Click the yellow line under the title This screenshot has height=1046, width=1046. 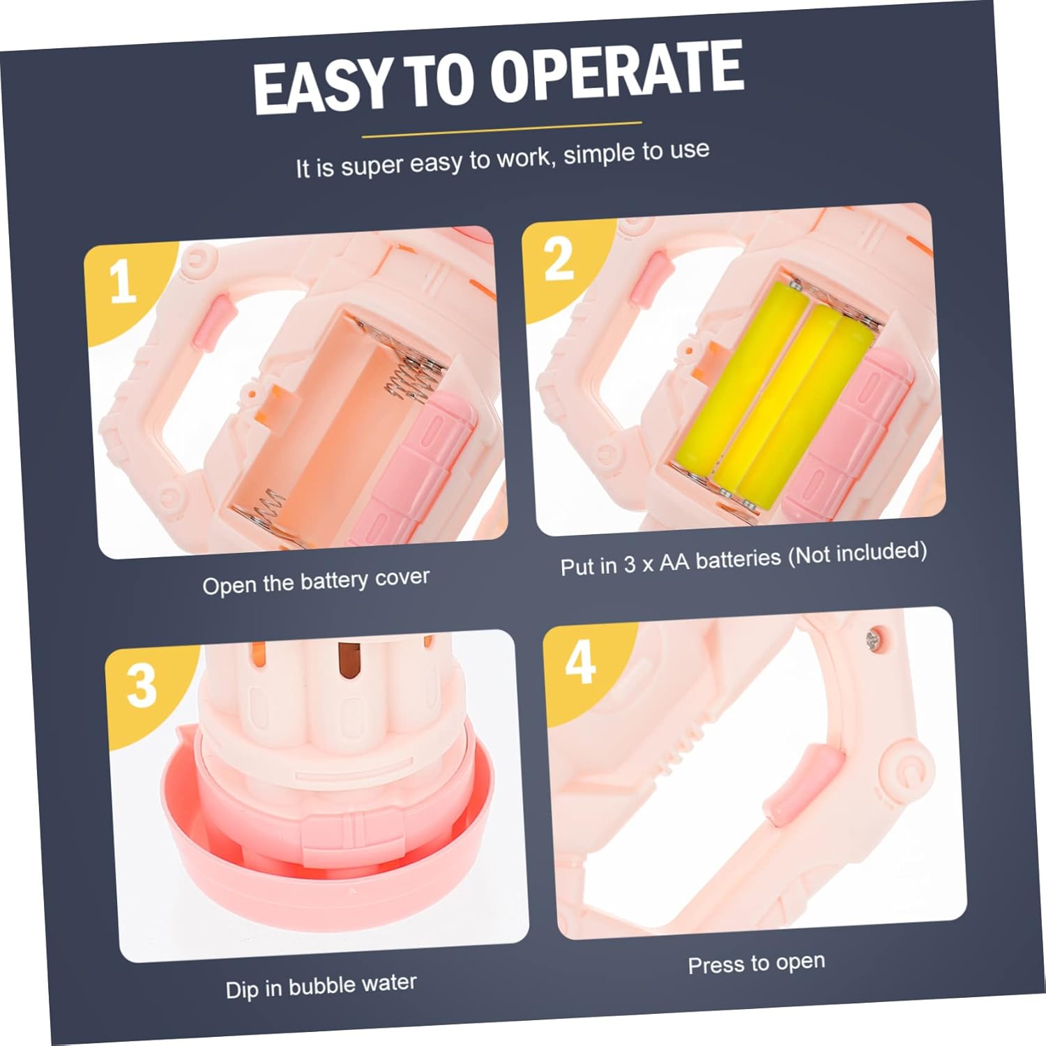[x=501, y=129]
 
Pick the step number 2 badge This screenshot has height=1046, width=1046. [x=559, y=259]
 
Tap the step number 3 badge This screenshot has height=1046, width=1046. [x=142, y=685]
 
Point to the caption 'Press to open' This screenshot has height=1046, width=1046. [x=757, y=963]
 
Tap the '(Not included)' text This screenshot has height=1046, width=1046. [x=857, y=552]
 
